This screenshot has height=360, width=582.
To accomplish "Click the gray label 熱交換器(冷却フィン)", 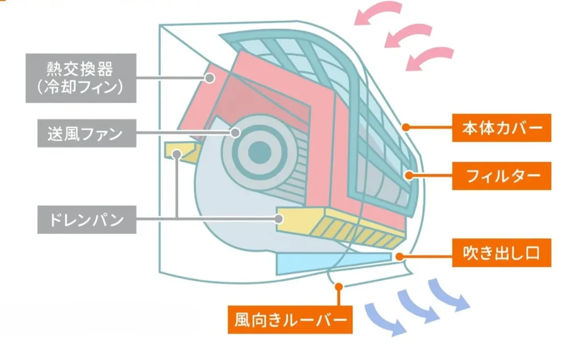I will pos(81,78).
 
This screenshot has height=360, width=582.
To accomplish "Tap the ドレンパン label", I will pos(86,219).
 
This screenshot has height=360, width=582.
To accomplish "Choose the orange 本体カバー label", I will pos(502,128).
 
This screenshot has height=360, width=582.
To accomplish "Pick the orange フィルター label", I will pos(502,176).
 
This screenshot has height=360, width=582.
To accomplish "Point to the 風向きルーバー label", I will pos(289,321).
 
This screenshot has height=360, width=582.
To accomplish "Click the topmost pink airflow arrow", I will pos(377,13).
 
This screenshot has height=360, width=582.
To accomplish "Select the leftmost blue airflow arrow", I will pos(385,317).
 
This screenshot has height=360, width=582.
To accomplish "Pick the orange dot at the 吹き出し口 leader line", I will pos(401,255).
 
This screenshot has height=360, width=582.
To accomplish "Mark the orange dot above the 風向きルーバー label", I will pos(339,287).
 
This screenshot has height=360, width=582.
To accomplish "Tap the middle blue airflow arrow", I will pos(417,306).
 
